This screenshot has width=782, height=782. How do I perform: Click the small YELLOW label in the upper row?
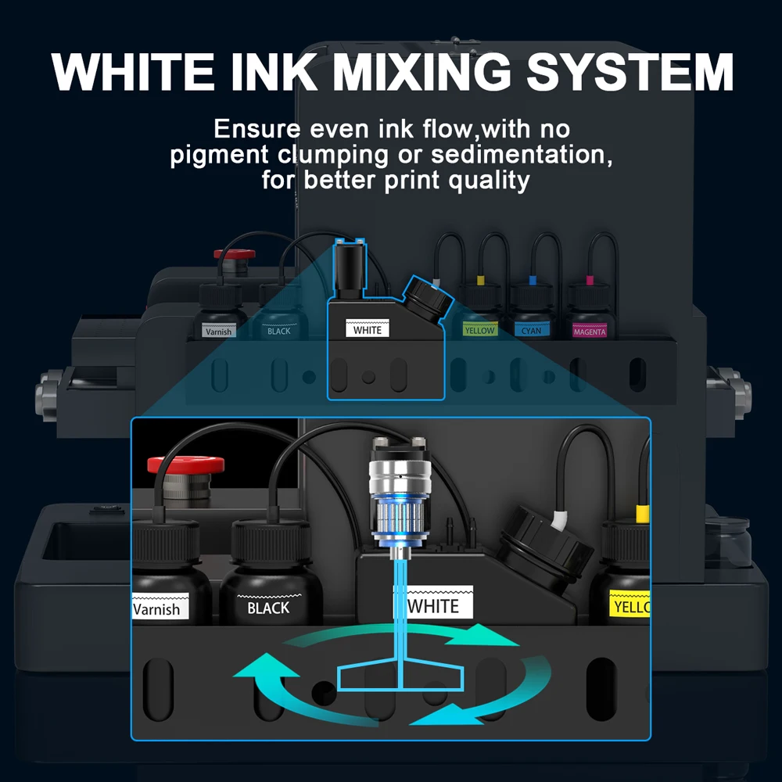coord(479,330)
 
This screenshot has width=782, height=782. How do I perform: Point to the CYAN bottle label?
coord(531,331)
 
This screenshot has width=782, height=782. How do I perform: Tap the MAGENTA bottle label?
coord(589,332)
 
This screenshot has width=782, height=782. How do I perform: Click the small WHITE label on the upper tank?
coord(368,329)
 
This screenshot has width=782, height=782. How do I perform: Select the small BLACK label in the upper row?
coord(278,331)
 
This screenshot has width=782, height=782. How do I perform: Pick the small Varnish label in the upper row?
coord(218,332)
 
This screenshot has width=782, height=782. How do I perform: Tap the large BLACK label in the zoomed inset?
coord(268,607)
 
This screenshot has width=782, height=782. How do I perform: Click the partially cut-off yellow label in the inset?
coord(630,606)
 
